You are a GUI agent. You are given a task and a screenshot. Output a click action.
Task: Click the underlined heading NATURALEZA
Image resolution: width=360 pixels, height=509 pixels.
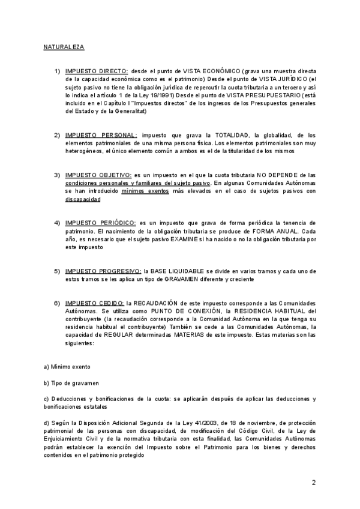point(64,46)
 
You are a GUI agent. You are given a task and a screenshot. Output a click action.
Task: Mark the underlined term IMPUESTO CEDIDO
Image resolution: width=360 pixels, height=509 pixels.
point(94,303)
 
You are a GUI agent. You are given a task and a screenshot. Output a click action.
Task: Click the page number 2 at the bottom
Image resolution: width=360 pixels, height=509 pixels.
point(313,482)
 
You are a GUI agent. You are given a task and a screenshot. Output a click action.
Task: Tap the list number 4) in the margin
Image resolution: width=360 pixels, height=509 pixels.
point(57,223)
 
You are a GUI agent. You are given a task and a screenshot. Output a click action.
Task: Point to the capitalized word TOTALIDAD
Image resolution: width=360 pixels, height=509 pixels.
point(221,135)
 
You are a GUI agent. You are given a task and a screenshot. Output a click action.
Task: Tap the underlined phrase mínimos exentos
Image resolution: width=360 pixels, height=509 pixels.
point(145,190)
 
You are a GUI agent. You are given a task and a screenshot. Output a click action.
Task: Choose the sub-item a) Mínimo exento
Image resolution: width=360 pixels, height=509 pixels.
point(67,366)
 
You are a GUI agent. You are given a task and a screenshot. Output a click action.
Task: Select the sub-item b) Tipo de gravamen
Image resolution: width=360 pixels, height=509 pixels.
point(71,382)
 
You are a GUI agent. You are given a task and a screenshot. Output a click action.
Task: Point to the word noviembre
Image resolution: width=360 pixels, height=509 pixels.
point(245,423)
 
